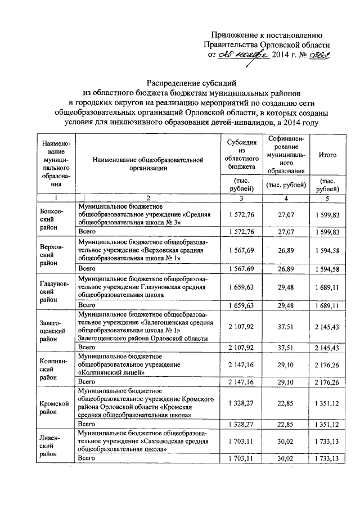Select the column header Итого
[x=327, y=155]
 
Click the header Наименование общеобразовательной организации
[x=148, y=164]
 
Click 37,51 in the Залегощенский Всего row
[x=286, y=348]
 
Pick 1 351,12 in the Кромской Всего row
[x=327, y=423]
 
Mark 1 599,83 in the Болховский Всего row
[x=327, y=232]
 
